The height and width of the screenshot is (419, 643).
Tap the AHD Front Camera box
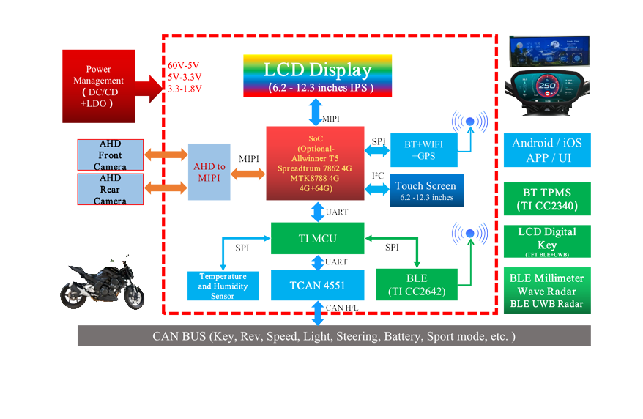(x=110, y=155)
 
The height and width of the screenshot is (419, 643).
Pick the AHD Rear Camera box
(x=110, y=189)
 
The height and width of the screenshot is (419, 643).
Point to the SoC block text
(x=311, y=163)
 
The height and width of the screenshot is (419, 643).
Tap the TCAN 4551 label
(x=318, y=285)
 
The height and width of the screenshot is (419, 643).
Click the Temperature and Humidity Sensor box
(x=217, y=286)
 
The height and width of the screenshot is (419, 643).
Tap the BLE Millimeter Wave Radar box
(x=546, y=290)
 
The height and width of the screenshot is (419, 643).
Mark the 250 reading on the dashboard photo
(x=547, y=86)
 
